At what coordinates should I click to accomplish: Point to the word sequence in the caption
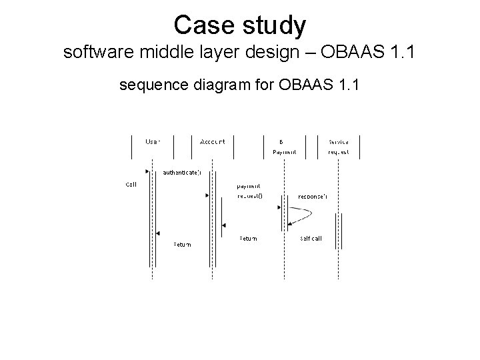point(149,85)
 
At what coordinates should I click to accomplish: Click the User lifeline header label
point(153,141)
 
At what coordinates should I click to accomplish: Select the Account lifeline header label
point(212,141)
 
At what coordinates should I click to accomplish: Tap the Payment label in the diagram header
point(284,152)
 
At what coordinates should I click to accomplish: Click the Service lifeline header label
point(339,141)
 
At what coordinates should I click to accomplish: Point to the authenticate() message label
point(181,173)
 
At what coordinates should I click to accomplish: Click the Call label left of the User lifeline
point(131,185)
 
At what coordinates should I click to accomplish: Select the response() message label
point(312,197)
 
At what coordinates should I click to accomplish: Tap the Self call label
point(311,239)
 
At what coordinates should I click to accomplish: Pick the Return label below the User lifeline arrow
point(182,244)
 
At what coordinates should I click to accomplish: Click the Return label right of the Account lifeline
point(248,239)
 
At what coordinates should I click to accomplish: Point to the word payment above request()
point(249,186)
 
